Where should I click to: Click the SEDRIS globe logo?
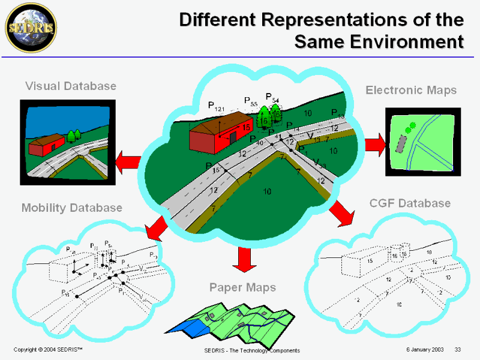click(x=23, y=23)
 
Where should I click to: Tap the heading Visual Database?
click(x=71, y=86)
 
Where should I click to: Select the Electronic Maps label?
click(x=411, y=90)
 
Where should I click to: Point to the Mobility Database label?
click(x=72, y=208)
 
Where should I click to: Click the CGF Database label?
click(x=410, y=203)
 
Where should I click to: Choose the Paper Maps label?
click(x=242, y=287)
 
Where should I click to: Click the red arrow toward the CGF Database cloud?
click(x=341, y=212)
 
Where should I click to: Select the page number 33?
click(x=457, y=350)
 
